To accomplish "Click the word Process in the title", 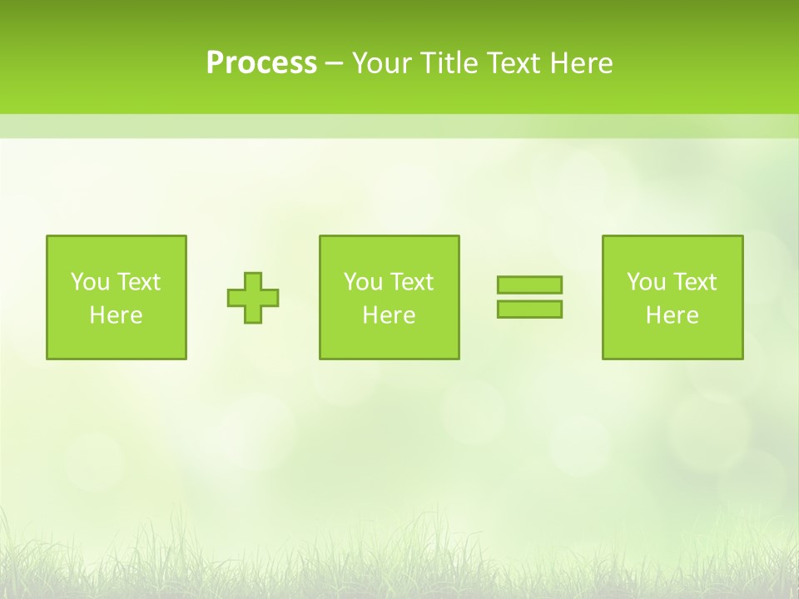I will [261, 63].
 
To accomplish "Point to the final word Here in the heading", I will [580, 63].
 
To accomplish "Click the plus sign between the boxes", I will [253, 298].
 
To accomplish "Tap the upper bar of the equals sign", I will [529, 285].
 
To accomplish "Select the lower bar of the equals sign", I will [529, 309].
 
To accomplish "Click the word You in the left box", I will [90, 282].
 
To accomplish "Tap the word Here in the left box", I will [117, 315].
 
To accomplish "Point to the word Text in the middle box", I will [412, 282].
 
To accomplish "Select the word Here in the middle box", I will [389, 315].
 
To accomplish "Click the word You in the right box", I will [646, 282].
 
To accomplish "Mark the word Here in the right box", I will [672, 315].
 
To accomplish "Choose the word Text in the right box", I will [695, 282].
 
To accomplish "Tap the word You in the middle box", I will [363, 282].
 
